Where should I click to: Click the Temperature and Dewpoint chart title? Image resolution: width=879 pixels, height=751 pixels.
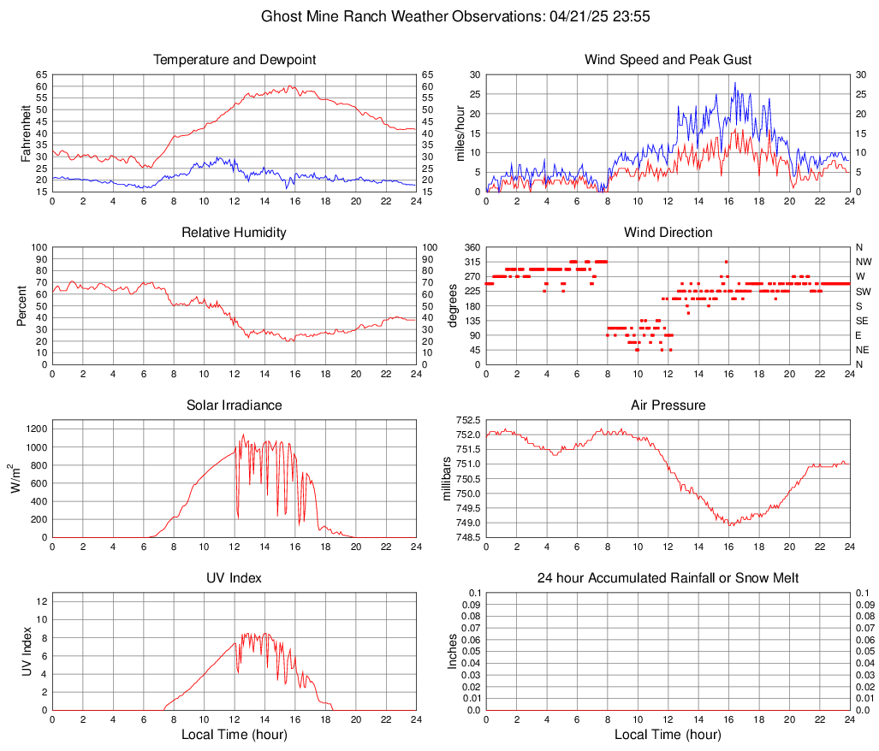click(234, 60)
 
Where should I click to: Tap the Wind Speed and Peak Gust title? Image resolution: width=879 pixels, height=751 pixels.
click(668, 60)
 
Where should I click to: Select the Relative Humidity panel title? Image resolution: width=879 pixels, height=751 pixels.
click(234, 233)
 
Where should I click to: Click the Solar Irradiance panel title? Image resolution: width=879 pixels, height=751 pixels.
click(234, 405)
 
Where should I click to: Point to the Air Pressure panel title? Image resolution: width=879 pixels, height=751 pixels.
click(668, 405)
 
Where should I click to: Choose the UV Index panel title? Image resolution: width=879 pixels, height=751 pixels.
click(234, 578)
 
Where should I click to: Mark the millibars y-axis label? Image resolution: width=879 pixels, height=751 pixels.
click(447, 478)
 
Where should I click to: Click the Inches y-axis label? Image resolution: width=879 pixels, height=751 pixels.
click(454, 651)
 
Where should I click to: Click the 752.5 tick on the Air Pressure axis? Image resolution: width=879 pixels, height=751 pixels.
click(467, 421)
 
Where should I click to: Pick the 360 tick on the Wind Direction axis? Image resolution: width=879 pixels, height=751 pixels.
click(469, 247)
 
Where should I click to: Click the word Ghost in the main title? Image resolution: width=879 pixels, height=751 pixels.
click(281, 16)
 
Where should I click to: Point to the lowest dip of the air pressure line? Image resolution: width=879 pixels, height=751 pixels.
click(731, 524)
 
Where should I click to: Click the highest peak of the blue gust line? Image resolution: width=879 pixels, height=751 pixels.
click(734, 83)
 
